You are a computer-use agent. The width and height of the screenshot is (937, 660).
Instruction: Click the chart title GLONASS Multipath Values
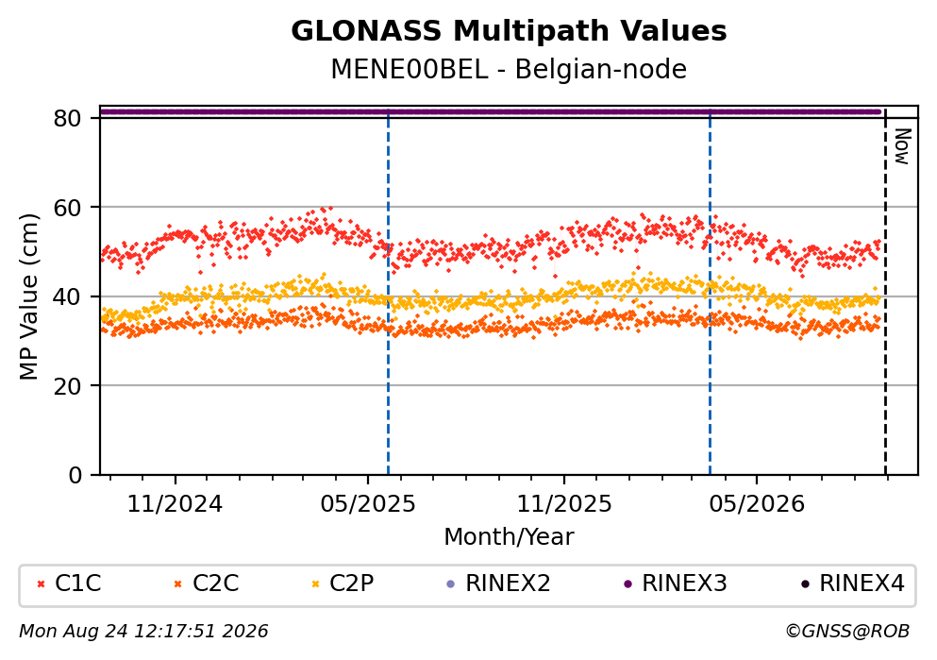click(x=509, y=31)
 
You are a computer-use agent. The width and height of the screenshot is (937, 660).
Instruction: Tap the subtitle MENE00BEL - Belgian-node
click(x=509, y=69)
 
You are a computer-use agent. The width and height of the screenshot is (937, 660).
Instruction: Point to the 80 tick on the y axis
click(x=68, y=118)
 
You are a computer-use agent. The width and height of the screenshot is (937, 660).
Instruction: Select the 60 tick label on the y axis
click(x=68, y=208)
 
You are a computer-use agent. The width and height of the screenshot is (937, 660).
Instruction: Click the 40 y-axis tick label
click(x=68, y=296)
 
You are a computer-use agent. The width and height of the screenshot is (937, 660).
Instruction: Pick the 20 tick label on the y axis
click(x=68, y=385)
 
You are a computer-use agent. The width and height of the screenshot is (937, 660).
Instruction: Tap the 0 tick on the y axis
click(x=75, y=475)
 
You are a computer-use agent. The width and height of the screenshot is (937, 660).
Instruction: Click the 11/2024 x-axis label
click(x=176, y=504)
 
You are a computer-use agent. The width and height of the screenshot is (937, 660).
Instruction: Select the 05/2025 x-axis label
click(x=367, y=504)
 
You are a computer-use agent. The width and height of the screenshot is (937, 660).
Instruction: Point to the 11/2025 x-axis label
click(x=564, y=504)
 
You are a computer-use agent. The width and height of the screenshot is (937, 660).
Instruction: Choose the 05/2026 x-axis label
click(x=757, y=504)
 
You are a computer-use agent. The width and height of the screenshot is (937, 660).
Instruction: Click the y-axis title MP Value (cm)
click(x=28, y=296)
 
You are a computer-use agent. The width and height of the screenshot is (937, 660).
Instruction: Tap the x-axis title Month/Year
click(x=509, y=537)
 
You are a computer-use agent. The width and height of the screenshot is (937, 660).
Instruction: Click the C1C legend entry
click(x=69, y=583)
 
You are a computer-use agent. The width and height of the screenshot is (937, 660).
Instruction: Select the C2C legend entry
click(x=206, y=583)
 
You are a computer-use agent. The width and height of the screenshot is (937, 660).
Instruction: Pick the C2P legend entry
click(x=343, y=583)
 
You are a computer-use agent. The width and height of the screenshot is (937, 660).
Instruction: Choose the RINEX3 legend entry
click(x=676, y=583)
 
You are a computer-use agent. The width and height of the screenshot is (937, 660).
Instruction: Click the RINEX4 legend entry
click(x=853, y=583)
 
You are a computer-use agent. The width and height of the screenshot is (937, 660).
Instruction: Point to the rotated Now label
click(x=901, y=146)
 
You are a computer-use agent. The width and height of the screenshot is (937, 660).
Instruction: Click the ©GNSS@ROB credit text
click(x=847, y=632)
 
